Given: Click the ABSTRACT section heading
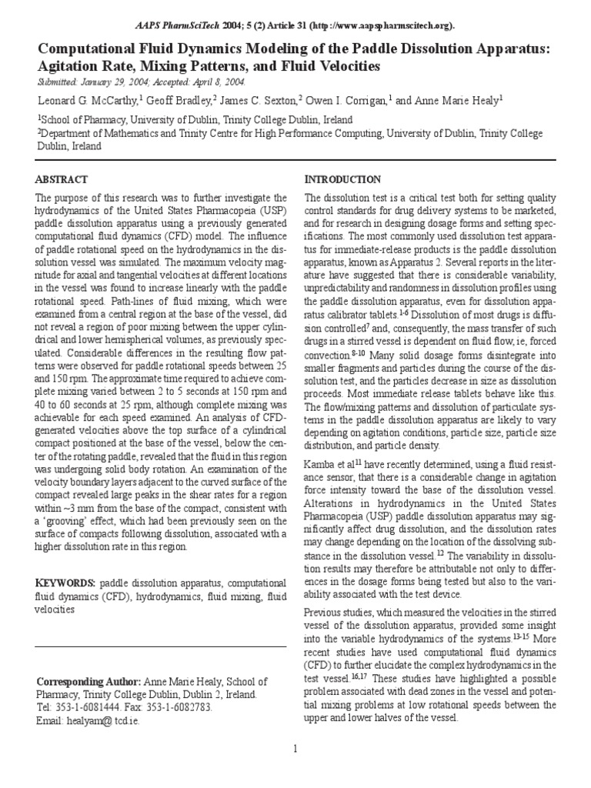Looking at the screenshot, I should (x=62, y=179).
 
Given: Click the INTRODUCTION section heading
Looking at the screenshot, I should (x=342, y=179).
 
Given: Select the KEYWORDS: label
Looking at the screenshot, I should (x=67, y=583).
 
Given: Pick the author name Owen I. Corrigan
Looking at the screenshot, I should (x=348, y=100).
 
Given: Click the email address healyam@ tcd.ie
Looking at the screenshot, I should (x=105, y=721).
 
